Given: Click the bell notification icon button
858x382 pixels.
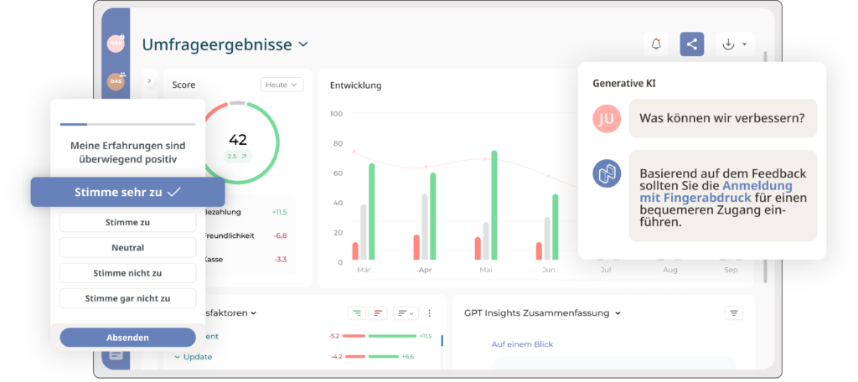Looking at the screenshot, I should click(x=656, y=44).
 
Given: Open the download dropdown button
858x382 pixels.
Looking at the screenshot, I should click(x=735, y=44).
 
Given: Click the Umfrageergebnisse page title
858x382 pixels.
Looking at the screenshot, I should click(x=217, y=44).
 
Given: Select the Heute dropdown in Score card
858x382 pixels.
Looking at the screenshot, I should click(x=282, y=85).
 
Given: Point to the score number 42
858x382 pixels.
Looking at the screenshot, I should click(x=238, y=139).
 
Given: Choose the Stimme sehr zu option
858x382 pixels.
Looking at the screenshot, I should click(x=127, y=192).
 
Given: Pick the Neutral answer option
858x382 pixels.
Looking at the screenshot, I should click(x=127, y=248).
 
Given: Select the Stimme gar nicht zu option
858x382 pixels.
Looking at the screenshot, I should click(x=127, y=298).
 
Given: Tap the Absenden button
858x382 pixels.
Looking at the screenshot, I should click(x=127, y=337).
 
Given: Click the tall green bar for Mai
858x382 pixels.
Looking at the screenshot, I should click(x=494, y=206).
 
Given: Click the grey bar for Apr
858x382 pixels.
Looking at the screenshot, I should click(x=425, y=227).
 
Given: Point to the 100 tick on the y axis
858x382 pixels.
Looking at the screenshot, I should click(x=336, y=114).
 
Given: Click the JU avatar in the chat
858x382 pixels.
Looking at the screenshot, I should click(x=607, y=119).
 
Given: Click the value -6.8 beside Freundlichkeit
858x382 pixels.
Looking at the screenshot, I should click(x=279, y=235).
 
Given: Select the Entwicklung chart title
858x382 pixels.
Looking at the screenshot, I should click(x=355, y=85).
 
